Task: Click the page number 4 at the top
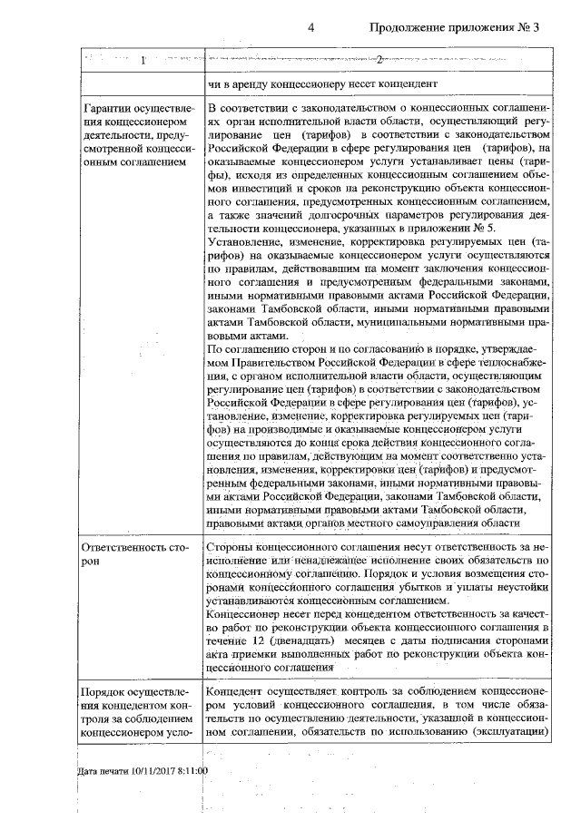tap(310, 28)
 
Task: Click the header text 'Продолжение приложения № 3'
tap(454, 28)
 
